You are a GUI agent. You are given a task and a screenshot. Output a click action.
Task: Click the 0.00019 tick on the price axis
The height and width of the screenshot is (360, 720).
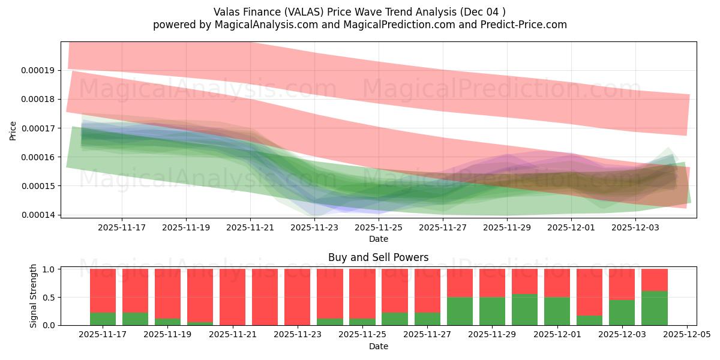pyautogui.click(x=38, y=70)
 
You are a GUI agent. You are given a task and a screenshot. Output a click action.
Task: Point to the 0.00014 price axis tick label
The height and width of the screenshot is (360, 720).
pyautogui.click(x=38, y=215)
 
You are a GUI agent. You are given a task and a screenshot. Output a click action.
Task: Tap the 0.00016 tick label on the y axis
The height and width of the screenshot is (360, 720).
pyautogui.click(x=38, y=157)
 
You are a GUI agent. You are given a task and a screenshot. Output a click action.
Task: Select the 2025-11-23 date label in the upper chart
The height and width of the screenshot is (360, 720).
pyautogui.click(x=314, y=227)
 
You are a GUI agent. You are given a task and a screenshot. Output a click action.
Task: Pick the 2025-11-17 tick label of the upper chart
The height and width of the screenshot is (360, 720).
pyautogui.click(x=122, y=227)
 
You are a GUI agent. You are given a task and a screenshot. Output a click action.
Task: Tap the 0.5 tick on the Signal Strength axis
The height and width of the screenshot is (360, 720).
pyautogui.click(x=50, y=297)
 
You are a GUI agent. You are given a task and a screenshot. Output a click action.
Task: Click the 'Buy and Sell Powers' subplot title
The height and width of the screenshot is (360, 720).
pyautogui.click(x=378, y=257)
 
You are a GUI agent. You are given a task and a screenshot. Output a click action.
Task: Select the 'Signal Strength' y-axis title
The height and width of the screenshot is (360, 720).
pyautogui.click(x=34, y=296)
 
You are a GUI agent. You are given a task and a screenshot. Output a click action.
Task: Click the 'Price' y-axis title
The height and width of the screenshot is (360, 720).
pyautogui.click(x=13, y=130)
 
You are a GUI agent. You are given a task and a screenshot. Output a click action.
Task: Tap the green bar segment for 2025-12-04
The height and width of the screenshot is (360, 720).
pyautogui.click(x=654, y=308)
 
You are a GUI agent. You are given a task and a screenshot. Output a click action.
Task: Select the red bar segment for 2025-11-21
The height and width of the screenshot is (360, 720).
pyautogui.click(x=232, y=296)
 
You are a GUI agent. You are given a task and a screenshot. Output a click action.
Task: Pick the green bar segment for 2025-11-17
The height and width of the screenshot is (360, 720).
pyautogui.click(x=103, y=319)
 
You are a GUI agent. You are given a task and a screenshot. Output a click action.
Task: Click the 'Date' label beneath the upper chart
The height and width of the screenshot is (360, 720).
pyautogui.click(x=378, y=239)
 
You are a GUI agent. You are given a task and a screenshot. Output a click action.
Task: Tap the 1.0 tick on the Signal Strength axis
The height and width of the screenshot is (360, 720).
pyautogui.click(x=50, y=269)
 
